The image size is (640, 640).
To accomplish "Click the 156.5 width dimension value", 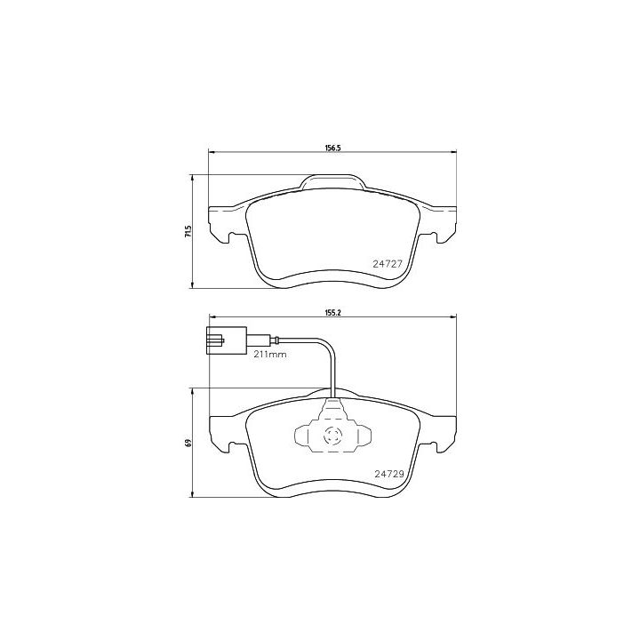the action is pos(332,148).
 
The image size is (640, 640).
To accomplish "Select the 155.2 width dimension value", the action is pos(332,313).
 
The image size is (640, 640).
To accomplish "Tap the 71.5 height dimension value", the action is pos(188,231).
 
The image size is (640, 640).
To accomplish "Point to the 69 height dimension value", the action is pos(188,443).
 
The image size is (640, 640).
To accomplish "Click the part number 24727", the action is pos(388,264).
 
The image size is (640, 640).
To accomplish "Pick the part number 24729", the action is pos(389,474).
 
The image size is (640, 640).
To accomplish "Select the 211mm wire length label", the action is pos(270,355).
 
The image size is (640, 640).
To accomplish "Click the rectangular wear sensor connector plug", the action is pos(227,340).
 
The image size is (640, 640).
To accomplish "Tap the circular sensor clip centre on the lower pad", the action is pos(332,436).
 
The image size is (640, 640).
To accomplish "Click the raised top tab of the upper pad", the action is pos(332,181).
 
